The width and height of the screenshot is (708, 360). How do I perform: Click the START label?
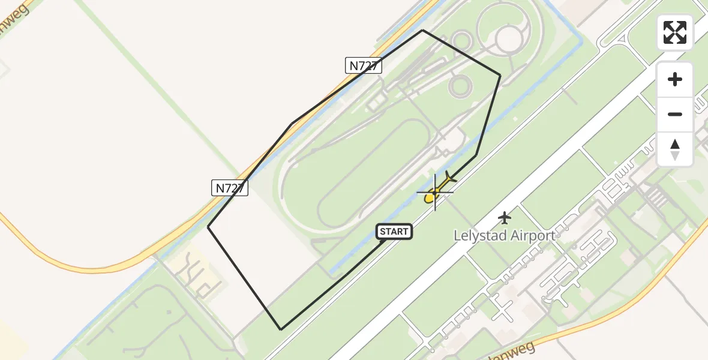pyautogui.click(x=394, y=232)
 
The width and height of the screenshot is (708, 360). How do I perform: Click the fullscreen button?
pyautogui.click(x=675, y=32)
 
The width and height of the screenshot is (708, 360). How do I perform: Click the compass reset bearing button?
pyautogui.click(x=675, y=149)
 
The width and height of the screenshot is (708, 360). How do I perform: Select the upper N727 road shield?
pyautogui.click(x=364, y=65)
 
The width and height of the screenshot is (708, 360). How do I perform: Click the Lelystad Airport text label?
pyautogui.click(x=505, y=236)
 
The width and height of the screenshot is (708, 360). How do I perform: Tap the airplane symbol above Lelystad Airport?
pyautogui.click(x=505, y=217)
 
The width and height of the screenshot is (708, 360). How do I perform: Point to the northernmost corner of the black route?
pyautogui.click(x=422, y=30)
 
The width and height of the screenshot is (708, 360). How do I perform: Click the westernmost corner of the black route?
pyautogui.click(x=208, y=227)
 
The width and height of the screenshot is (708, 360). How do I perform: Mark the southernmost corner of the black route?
pyautogui.click(x=281, y=329)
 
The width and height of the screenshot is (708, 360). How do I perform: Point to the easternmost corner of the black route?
pyautogui.click(x=500, y=75)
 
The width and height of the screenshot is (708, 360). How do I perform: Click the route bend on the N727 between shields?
pyautogui.click(x=292, y=124)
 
